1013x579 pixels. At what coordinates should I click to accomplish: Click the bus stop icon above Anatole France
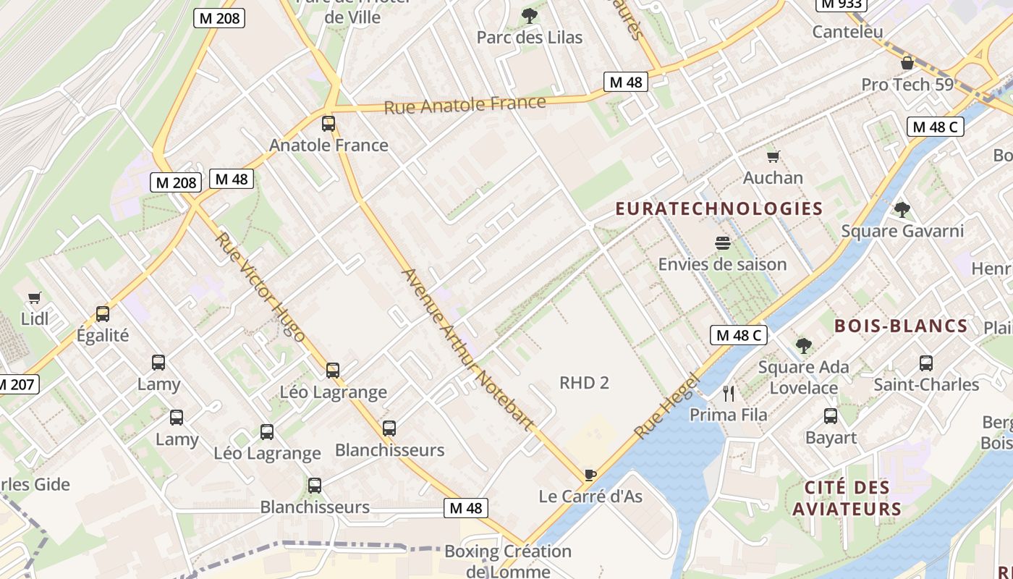(329, 124)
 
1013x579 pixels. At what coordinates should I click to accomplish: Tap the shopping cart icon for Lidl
(34, 297)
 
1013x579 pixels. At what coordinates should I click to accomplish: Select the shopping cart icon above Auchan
(773, 156)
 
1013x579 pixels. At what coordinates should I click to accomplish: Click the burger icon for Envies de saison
(722, 243)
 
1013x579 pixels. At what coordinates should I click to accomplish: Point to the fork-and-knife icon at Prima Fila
(729, 394)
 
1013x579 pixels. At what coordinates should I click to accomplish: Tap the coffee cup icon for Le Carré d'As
(590, 475)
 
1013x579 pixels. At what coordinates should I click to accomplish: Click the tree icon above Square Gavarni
(902, 210)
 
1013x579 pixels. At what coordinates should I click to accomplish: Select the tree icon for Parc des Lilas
(530, 15)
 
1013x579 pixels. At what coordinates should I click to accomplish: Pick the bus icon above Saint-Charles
(926, 363)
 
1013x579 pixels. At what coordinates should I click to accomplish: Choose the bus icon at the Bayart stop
(831, 416)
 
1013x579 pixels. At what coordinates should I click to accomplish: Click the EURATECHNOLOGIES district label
(719, 209)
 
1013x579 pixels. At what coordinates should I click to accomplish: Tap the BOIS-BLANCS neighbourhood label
(901, 326)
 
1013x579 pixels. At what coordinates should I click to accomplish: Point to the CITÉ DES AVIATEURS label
(847, 498)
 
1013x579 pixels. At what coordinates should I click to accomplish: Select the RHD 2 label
(584, 383)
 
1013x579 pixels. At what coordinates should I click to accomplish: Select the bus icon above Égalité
(103, 314)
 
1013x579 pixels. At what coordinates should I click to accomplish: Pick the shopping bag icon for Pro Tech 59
(907, 63)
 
